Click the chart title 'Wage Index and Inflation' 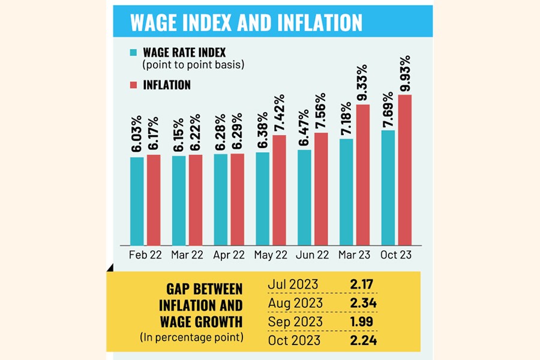click(246, 22)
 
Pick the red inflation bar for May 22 click(279, 189)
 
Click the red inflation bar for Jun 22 click(321, 188)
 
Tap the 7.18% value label click(347, 119)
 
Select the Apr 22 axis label click(229, 254)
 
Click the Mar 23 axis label click(355, 254)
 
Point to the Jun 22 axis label click(313, 254)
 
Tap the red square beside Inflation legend click(134, 85)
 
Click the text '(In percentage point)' click(191, 338)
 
